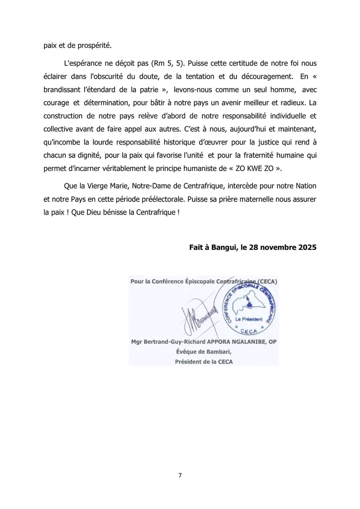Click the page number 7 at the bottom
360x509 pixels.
pos(180,475)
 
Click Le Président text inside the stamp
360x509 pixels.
pos(248,318)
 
